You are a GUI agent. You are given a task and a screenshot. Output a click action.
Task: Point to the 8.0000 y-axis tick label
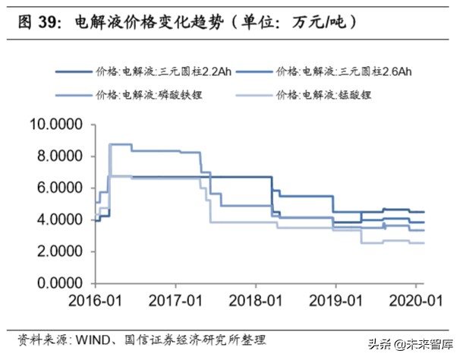[58, 156]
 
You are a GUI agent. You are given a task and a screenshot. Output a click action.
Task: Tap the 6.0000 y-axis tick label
[58, 188]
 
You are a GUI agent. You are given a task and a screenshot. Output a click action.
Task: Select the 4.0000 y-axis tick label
[58, 219]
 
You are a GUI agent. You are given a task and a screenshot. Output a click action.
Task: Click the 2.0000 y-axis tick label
[58, 252]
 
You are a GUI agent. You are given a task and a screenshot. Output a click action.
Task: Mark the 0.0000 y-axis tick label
[58, 284]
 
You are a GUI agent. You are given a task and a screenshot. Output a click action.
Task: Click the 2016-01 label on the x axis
[94, 300]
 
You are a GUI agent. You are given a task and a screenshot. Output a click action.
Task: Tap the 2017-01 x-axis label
[174, 300]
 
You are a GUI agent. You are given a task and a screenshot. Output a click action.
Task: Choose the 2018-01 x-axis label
[254, 300]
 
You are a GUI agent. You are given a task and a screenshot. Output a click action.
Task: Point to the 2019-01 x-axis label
[335, 300]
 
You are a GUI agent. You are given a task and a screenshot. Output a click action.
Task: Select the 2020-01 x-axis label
[414, 300]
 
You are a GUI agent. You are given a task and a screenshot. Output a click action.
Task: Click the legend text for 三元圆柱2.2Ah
[162, 72]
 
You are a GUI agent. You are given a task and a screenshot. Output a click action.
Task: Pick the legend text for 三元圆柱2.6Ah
[346, 72]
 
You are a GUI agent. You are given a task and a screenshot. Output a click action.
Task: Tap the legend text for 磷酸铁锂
[150, 95]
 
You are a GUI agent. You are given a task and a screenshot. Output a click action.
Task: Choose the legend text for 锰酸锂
[326, 95]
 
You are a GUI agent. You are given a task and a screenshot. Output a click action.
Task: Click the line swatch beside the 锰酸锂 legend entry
[257, 96]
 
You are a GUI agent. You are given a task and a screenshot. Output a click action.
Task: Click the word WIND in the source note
[91, 339]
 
